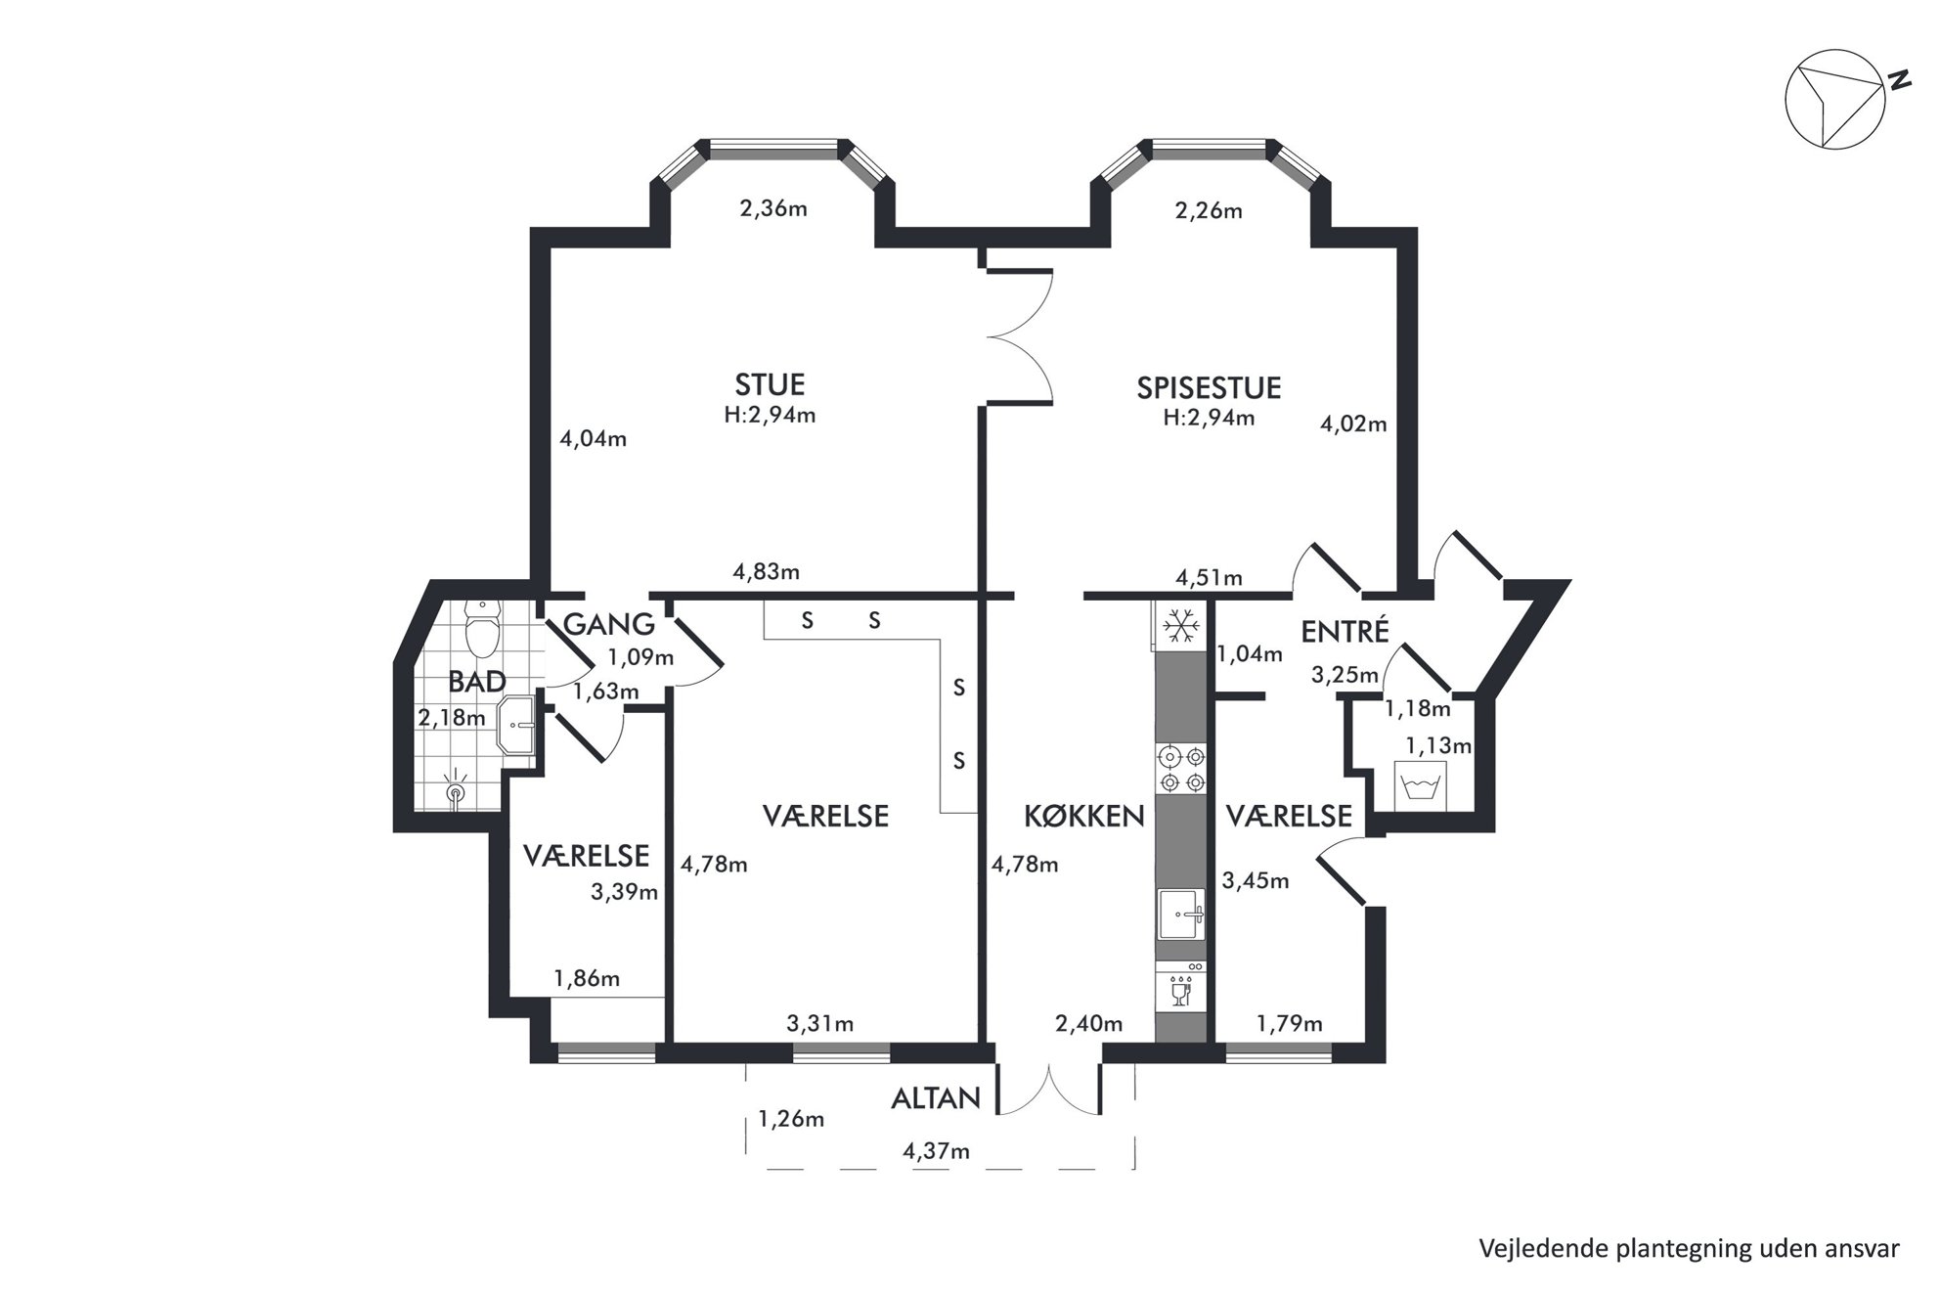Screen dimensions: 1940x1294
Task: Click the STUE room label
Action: pos(771,383)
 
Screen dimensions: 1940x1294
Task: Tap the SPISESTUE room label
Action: pos(1209,388)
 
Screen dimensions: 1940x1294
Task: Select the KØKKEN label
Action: pos(1084,816)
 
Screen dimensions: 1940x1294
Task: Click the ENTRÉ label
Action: pos(1345,631)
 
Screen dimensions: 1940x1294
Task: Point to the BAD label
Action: pos(477,682)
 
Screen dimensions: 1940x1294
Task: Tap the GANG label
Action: pos(608,623)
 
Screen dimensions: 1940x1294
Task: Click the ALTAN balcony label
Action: pos(935,1098)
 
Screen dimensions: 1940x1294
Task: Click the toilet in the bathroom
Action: pos(482,630)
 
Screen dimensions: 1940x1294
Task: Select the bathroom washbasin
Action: pos(516,725)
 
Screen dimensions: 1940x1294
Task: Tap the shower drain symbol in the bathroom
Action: pos(456,791)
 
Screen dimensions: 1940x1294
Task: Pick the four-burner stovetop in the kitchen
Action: pos(1181,769)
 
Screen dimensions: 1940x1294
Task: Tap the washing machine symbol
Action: pos(1419,785)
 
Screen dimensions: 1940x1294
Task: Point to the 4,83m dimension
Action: pos(767,571)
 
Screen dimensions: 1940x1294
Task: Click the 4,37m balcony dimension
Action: pos(936,1151)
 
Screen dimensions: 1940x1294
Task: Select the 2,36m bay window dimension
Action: pos(773,208)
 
